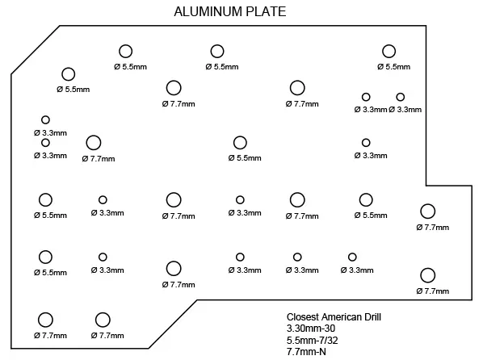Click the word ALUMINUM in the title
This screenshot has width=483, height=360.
click(208, 11)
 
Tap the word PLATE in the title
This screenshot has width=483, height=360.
click(266, 11)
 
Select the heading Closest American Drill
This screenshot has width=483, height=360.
click(334, 317)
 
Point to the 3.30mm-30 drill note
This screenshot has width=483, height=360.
click(311, 329)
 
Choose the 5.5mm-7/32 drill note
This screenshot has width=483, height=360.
click(312, 341)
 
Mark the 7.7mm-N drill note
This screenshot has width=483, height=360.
click(306, 351)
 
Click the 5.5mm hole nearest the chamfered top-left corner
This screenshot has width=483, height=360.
click(69, 74)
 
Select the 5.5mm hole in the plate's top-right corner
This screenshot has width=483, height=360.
click(388, 52)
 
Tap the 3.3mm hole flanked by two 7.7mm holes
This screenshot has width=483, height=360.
click(240, 200)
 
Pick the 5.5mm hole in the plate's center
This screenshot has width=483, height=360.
click(240, 143)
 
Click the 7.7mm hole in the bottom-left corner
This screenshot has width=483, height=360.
click(45, 320)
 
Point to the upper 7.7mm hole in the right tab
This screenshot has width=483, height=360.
click(427, 211)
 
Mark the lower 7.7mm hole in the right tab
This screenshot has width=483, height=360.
click(427, 275)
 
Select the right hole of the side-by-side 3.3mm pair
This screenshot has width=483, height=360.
click(400, 97)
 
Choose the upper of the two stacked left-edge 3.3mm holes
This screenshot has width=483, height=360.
click(45, 119)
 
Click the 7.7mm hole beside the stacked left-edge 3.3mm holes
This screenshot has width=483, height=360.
click(94, 143)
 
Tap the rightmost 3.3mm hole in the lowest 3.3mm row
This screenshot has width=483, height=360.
click(352, 257)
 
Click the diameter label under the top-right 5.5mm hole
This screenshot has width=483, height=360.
click(393, 66)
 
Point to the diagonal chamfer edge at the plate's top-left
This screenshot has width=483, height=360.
click(36, 50)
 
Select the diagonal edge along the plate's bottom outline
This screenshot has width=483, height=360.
click(173, 324)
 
